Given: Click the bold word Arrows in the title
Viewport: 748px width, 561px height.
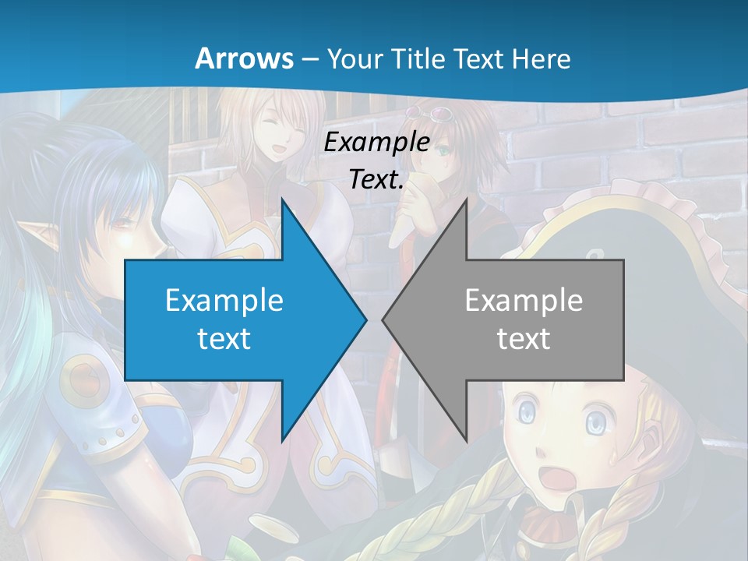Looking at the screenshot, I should point(244,58).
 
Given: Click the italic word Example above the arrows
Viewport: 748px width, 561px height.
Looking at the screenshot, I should point(376,142).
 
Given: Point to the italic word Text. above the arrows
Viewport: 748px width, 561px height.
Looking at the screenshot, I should point(376,179).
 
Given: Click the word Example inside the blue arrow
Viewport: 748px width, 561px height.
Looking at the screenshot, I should point(224,300).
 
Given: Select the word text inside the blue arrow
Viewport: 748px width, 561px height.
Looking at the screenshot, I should point(224,338).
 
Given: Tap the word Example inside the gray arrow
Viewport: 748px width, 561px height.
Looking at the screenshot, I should point(524,300).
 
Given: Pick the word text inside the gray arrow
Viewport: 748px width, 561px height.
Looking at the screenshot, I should point(524,338).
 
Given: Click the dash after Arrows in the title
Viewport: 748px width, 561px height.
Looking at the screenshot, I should point(309,58).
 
